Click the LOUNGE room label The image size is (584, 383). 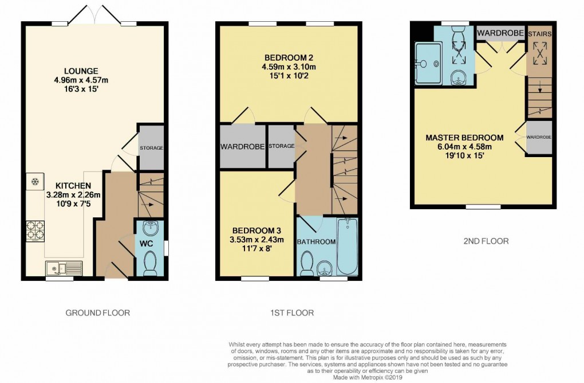pyautogui.click(x=81, y=71)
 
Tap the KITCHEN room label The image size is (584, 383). pyautogui.click(x=73, y=186)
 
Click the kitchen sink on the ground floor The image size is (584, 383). pyautogui.click(x=64, y=267)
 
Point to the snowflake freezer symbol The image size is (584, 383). pyautogui.click(x=34, y=182)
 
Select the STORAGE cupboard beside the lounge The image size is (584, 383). pyautogui.click(x=151, y=148)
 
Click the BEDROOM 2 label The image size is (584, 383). pyautogui.click(x=289, y=57)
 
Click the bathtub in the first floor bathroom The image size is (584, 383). pyautogui.click(x=348, y=247)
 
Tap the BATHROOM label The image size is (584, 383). pyautogui.click(x=316, y=242)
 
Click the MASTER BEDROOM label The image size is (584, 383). pyautogui.click(x=464, y=138)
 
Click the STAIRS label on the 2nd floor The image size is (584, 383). pyautogui.click(x=539, y=34)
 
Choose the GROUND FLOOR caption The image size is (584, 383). pyautogui.click(x=97, y=313)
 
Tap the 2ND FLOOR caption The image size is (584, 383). pyautogui.click(x=486, y=241)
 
